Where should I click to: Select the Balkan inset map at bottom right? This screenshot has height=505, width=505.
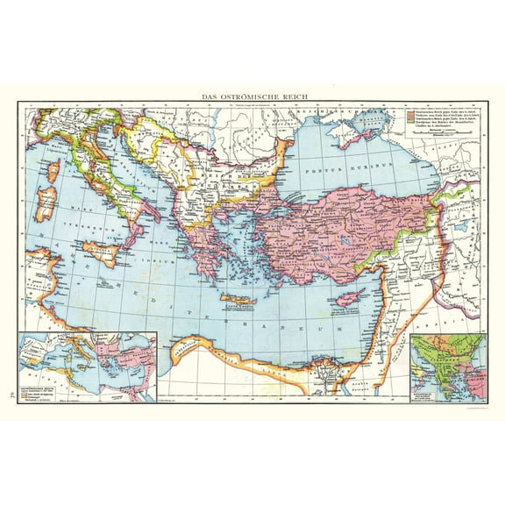pos(448,366)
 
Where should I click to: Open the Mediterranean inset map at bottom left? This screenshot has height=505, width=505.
pos(87,366)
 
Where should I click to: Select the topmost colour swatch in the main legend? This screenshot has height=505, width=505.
pos(409,111)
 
